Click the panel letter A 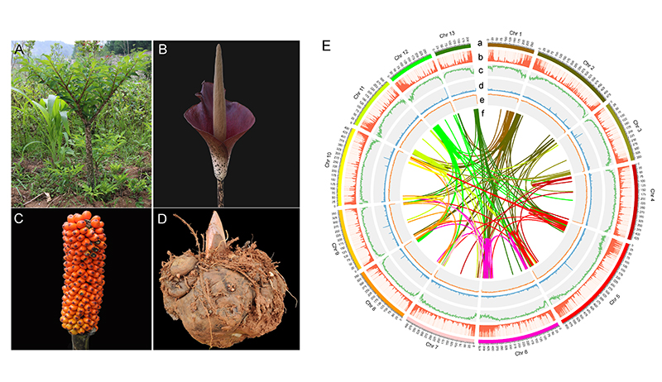click(x=19, y=50)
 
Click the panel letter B click(x=163, y=50)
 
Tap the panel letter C click(x=19, y=219)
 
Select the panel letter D click(x=163, y=219)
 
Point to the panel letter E click(x=327, y=45)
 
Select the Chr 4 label click(x=652, y=194)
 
